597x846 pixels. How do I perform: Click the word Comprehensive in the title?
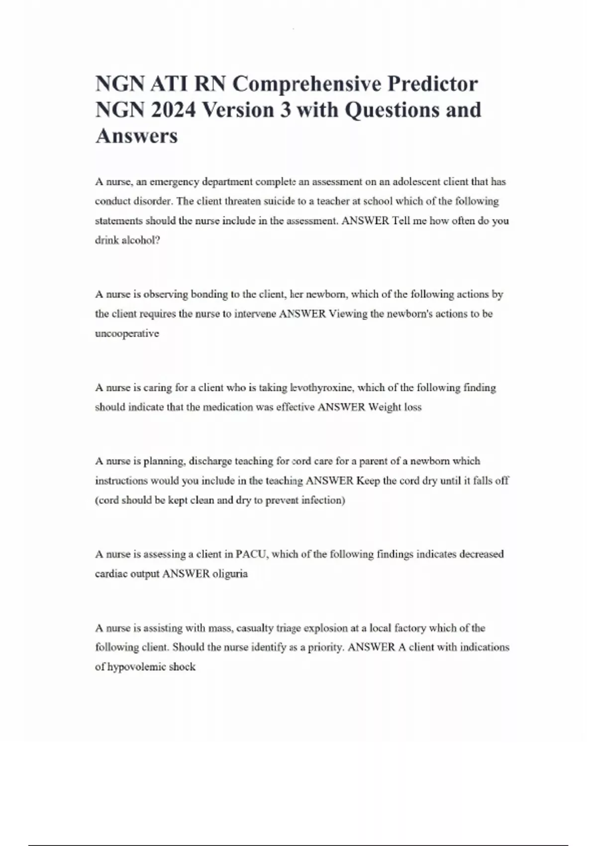(x=305, y=84)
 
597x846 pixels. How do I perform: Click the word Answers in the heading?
(x=136, y=136)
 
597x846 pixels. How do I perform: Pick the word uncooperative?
(x=127, y=333)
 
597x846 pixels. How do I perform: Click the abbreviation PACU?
(x=251, y=554)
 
